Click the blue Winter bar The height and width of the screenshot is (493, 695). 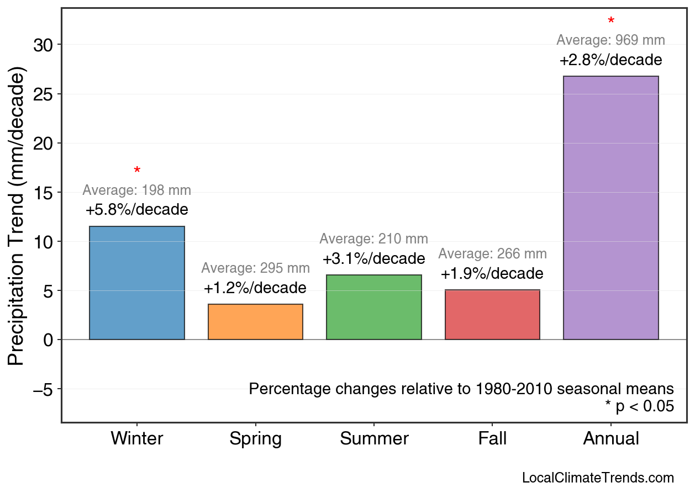[x=137, y=283]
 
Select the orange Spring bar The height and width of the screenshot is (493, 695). [x=255, y=322]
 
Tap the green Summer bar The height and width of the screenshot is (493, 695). [x=374, y=307]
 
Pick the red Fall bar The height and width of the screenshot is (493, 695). [x=492, y=315]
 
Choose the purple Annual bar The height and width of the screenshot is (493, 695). [x=610, y=208]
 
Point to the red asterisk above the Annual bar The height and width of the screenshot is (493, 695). [x=611, y=22]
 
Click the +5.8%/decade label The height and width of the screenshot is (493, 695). [x=137, y=210]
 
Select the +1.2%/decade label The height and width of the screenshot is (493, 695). [x=255, y=288]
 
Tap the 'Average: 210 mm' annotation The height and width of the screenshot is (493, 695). [x=374, y=239]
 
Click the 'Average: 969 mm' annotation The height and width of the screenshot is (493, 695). [x=610, y=40]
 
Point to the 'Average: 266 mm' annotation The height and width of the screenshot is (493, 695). [x=492, y=254]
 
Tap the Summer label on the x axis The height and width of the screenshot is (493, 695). [x=374, y=439]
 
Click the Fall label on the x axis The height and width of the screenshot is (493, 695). [x=492, y=439]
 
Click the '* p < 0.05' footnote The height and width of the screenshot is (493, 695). [x=640, y=406]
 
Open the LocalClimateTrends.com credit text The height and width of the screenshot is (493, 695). [x=598, y=478]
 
